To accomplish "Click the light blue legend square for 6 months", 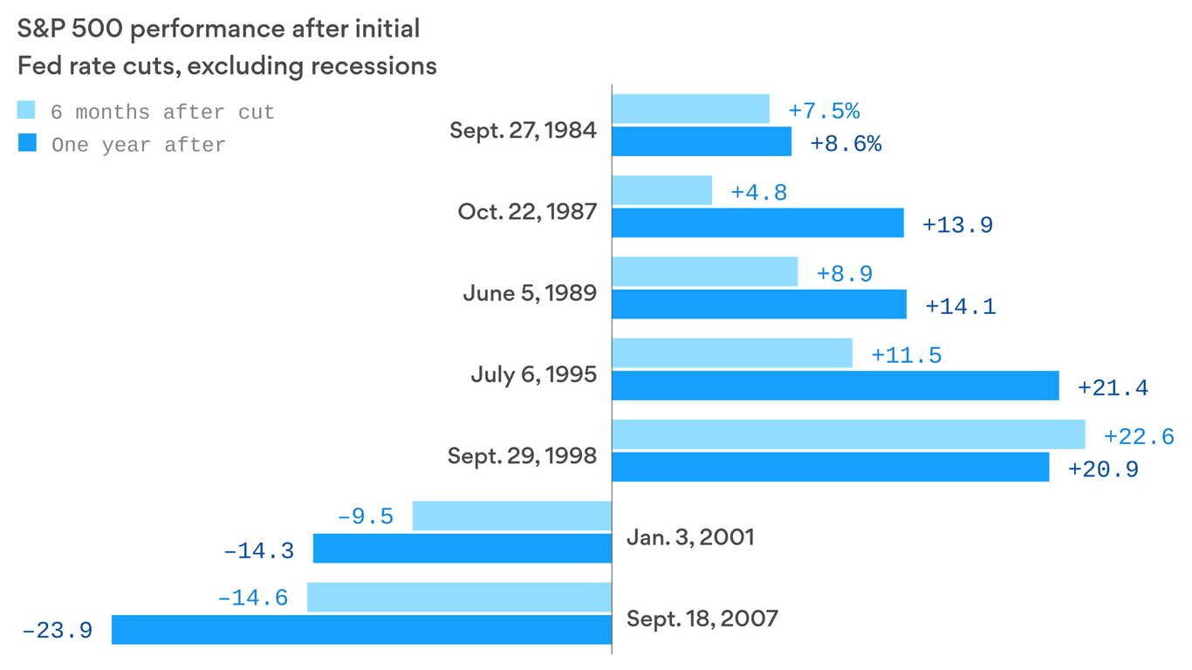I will (x=27, y=110).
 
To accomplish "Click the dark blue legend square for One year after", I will (x=27, y=143).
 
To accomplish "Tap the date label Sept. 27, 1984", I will (x=523, y=131).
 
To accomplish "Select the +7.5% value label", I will (x=823, y=112).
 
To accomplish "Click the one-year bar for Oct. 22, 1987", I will (x=757, y=222).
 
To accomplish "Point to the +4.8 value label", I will (x=758, y=192).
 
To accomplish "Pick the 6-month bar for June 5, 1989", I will (x=704, y=271).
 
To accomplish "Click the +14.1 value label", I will (x=960, y=307).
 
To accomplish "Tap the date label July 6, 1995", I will (x=533, y=375).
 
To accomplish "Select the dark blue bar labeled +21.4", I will (x=835, y=386).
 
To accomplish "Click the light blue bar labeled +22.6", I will (x=848, y=434).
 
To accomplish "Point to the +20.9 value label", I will (x=1103, y=470).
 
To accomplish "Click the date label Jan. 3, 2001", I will (x=689, y=537).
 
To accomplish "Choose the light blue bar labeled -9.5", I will (x=511, y=516).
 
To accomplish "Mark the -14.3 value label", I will (x=258, y=551).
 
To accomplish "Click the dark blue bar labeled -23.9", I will (x=361, y=630).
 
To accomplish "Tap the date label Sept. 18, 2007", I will (x=702, y=619).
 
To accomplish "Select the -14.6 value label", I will (x=252, y=599).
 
